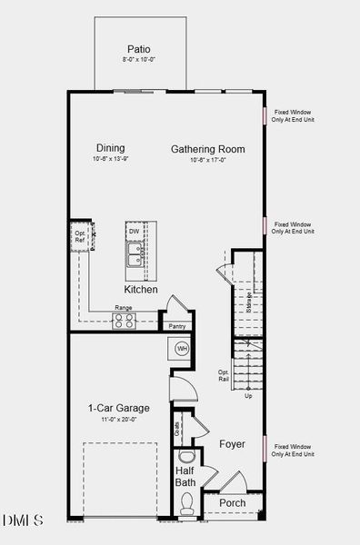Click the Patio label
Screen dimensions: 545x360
[139, 49]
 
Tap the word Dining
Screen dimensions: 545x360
[109, 148]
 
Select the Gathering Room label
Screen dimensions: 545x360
[208, 149]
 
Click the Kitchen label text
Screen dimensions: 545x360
[141, 290]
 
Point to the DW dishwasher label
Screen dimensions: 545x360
[135, 232]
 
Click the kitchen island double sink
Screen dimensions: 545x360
[135, 259]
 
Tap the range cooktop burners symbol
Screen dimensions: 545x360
[123, 319]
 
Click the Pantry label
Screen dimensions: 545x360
[176, 326]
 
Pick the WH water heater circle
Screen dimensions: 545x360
[181, 348]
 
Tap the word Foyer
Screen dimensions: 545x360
[233, 444]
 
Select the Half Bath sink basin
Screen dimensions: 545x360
[185, 456]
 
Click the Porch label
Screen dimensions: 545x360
[233, 502]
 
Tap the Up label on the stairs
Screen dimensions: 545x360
[249, 396]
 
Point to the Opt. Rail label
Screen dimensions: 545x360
[223, 375]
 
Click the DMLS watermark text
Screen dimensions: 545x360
[23, 520]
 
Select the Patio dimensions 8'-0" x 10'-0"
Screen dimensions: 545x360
[139, 60]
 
